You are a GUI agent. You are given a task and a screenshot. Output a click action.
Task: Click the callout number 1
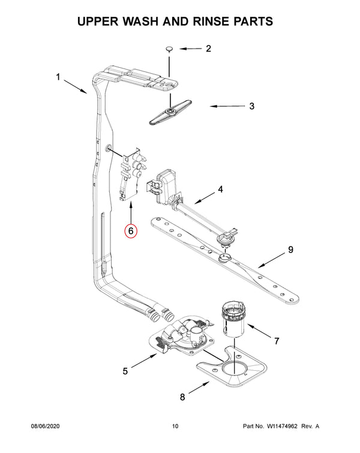click(x=59, y=77)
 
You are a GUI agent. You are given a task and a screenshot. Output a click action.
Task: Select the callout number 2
click(x=208, y=49)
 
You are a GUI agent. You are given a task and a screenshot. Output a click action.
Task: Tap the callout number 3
click(x=251, y=106)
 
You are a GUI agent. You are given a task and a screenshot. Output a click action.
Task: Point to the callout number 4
click(x=220, y=189)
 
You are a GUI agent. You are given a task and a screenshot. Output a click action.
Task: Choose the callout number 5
click(x=125, y=371)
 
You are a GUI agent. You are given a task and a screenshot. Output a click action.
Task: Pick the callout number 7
click(x=277, y=341)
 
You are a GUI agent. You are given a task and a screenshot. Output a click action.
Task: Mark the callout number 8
click(x=182, y=397)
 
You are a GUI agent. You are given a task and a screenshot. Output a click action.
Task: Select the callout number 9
click(x=290, y=250)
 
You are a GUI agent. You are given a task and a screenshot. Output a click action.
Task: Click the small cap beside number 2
click(x=170, y=49)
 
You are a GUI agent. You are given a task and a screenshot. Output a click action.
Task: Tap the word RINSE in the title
click(x=206, y=21)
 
